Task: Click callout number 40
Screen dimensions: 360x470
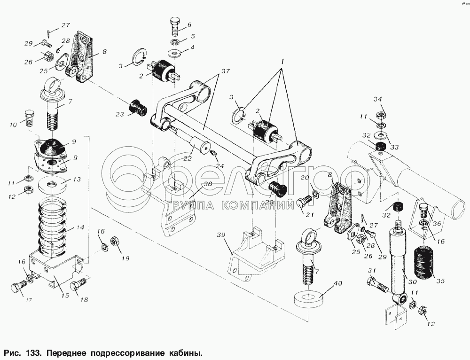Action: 337,283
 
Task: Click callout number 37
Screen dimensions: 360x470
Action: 225,71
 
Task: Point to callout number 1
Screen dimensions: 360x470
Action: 282,62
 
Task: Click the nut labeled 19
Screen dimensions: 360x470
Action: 114,243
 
